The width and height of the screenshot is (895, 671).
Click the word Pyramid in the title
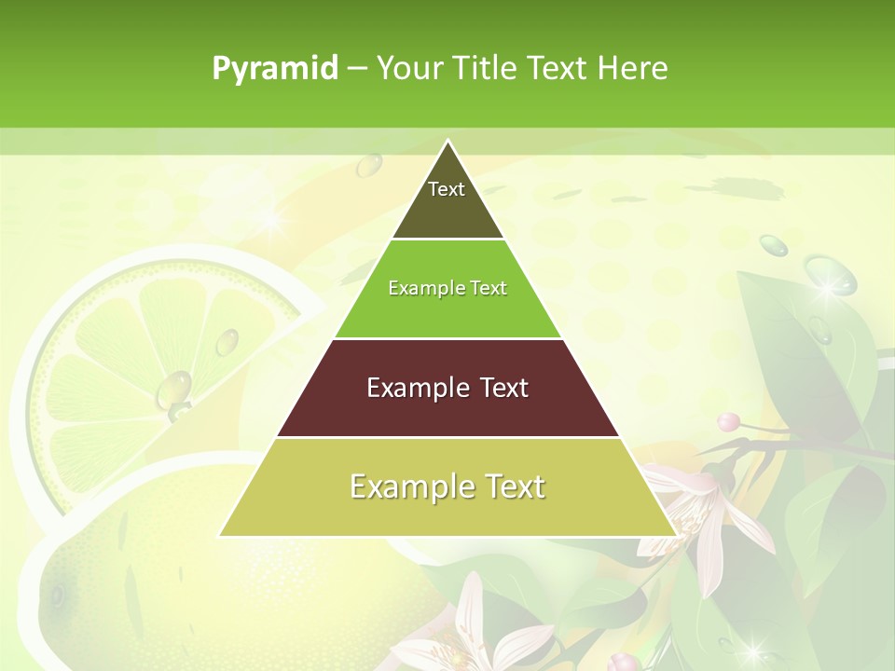coord(274,68)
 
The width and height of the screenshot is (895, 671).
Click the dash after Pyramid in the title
coord(356,69)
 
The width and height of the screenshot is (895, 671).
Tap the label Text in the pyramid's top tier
coord(447,189)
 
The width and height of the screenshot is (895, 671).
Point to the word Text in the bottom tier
coord(512,486)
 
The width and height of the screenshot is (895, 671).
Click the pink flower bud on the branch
coord(728,421)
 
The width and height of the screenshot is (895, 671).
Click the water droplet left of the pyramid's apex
coord(370,165)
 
